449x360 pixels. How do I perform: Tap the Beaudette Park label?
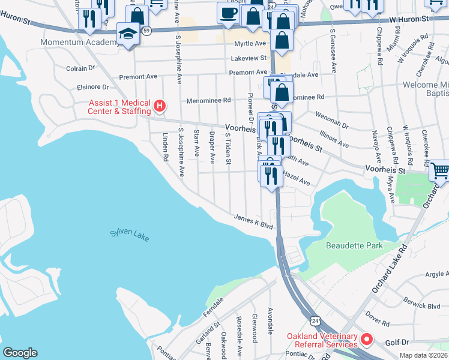[x=354, y=245]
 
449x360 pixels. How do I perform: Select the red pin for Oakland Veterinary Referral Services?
[x=366, y=340]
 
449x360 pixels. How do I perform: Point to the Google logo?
[x=20, y=353]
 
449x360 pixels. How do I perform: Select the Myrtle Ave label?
[x=250, y=44]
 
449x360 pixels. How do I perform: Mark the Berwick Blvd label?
[x=422, y=305]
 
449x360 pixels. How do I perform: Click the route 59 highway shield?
[x=146, y=29]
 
